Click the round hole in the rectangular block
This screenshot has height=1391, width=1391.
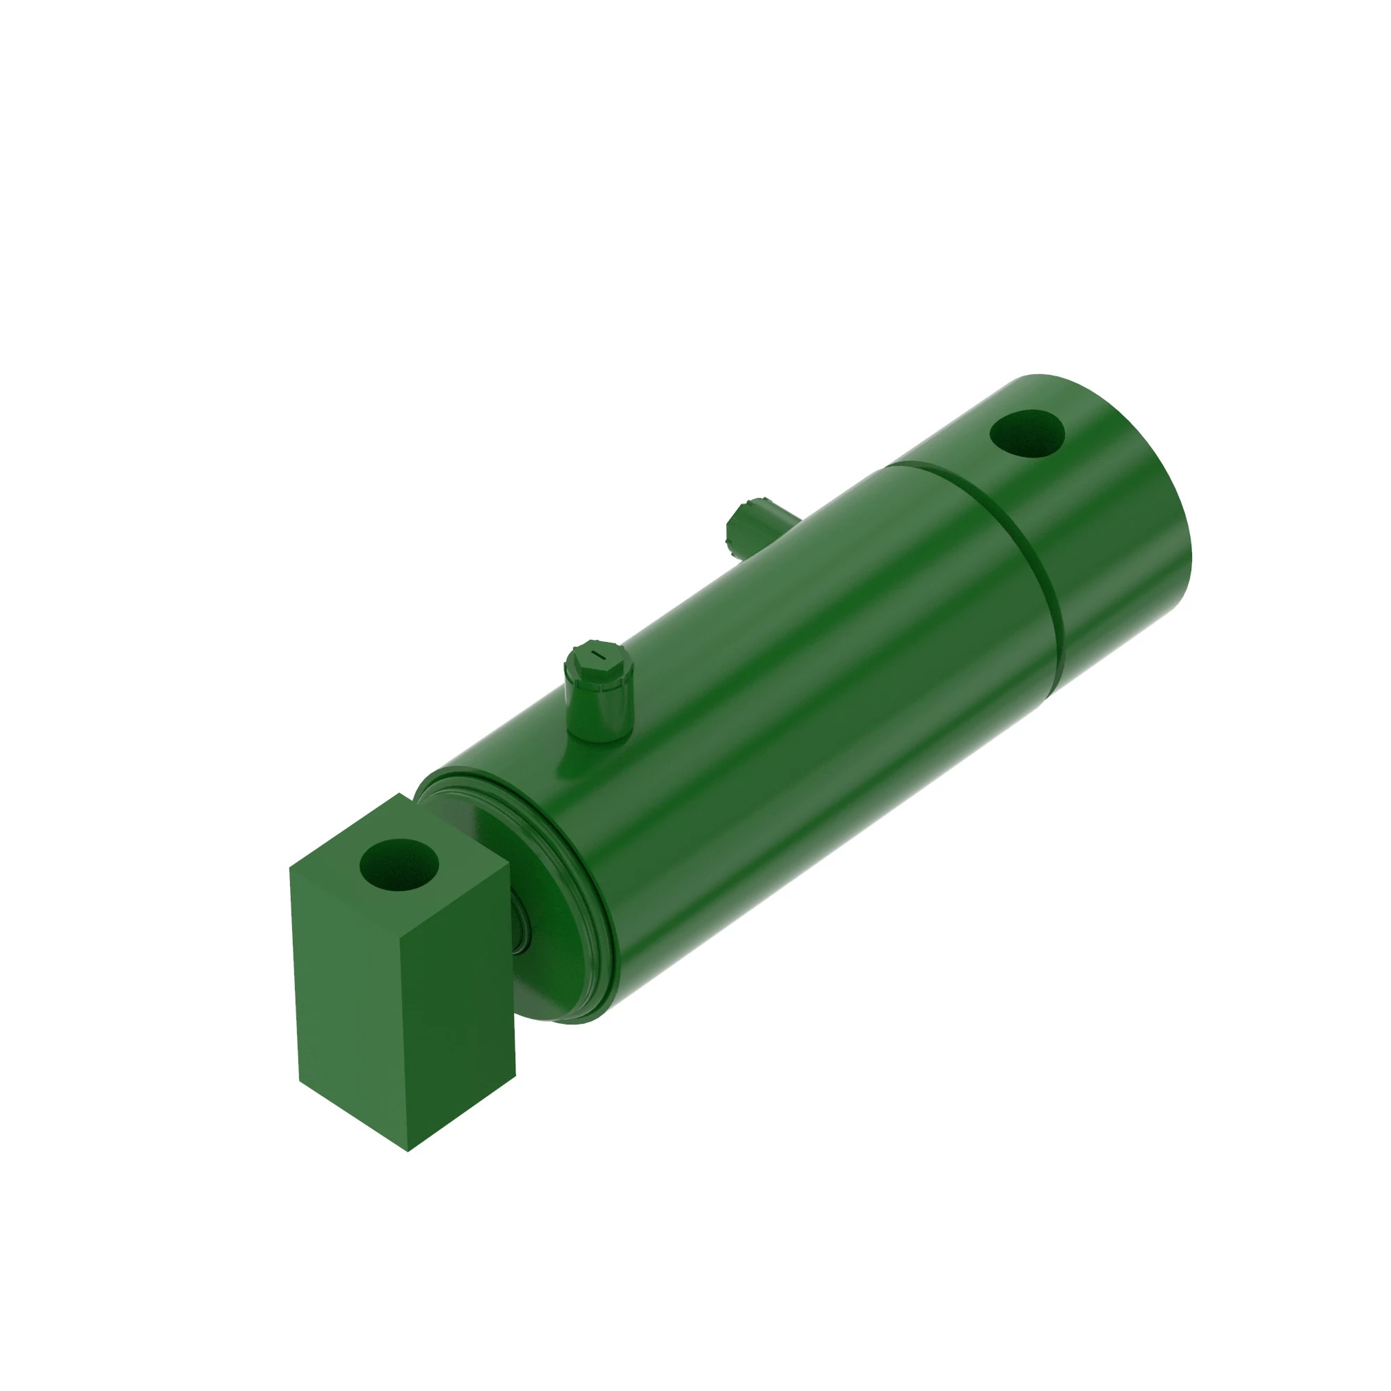[398, 865]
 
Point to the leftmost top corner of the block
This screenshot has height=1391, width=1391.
[290, 867]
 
